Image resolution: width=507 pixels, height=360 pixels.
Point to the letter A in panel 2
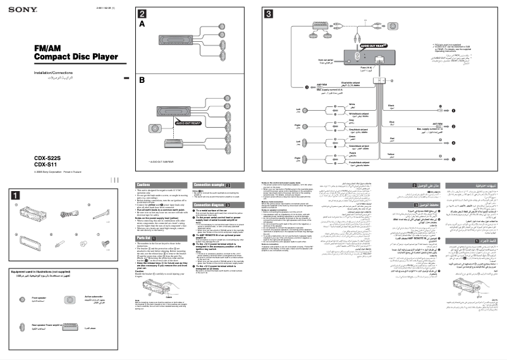point(142,23)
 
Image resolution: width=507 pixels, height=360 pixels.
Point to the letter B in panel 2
point(142,80)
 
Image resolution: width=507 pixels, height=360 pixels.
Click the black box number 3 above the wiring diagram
point(269,14)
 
